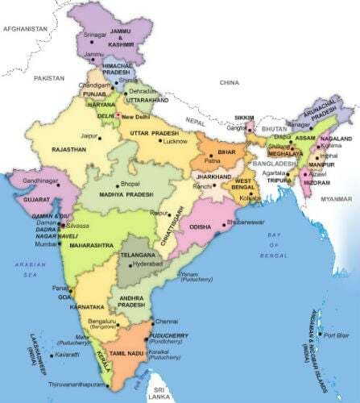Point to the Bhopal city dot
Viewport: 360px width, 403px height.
(118, 185)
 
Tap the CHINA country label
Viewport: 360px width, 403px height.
(233, 81)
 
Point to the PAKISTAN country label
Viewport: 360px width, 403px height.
(48, 77)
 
